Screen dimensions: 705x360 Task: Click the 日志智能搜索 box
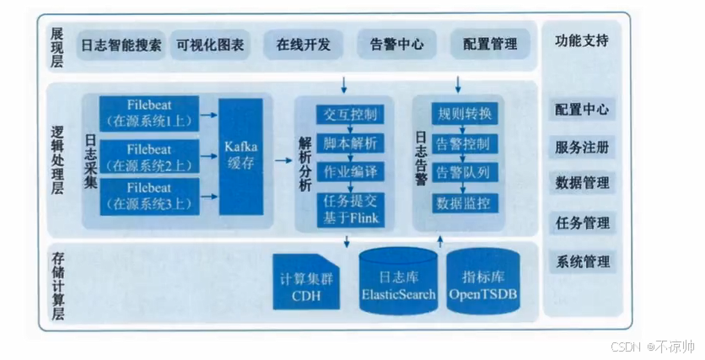pos(121,45)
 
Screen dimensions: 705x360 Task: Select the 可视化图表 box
pos(210,45)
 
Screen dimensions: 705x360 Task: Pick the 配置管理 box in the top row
pos(490,45)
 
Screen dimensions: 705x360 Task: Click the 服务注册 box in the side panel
pos(582,147)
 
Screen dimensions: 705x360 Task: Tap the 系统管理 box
pos(582,262)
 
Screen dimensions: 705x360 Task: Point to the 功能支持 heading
pos(582,40)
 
